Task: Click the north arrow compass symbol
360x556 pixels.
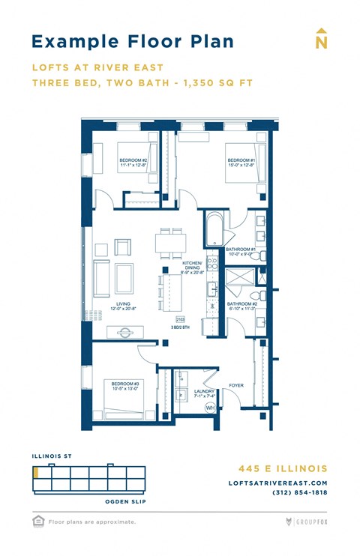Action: coord(321,40)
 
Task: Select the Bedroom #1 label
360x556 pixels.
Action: coord(241,163)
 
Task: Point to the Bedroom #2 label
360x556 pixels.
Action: coord(133,163)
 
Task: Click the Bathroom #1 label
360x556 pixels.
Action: coord(242,251)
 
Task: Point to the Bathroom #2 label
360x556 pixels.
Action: coord(242,306)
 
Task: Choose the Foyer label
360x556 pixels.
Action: coord(236,385)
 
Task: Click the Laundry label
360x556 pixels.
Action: coord(205,393)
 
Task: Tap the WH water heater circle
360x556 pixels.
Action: coord(210,408)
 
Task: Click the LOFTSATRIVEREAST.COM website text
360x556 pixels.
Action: coord(278,483)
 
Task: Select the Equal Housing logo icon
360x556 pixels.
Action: coord(38,520)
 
